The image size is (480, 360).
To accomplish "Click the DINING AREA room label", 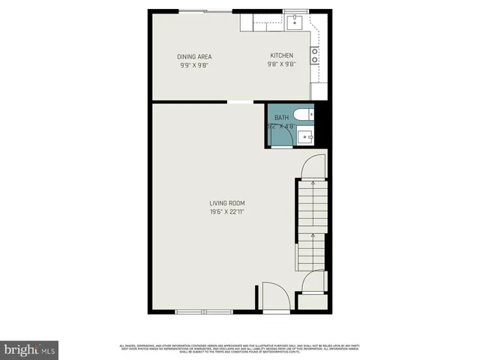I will point(194,57).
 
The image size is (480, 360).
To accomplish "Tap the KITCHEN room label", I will point(282,56).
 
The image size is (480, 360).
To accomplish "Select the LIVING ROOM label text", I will point(227,203).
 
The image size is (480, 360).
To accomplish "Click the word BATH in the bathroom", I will point(281,118).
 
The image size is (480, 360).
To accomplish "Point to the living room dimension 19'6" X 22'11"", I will point(227,212).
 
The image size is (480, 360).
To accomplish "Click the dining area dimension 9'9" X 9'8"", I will point(194,65).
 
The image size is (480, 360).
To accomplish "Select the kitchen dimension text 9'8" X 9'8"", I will point(282,64).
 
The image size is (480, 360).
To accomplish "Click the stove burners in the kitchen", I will point(315,55).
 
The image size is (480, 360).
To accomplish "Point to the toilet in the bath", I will point(304,115).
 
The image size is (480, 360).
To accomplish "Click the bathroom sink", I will point(304,136).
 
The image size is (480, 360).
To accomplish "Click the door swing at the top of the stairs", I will point(313,166).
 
